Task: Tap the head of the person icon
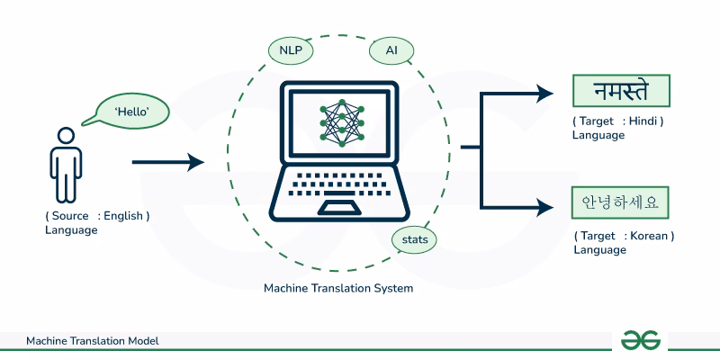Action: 66,135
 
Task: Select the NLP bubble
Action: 290,50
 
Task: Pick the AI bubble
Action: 391,50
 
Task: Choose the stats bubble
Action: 415,240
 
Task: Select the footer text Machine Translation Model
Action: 93,341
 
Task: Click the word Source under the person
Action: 70,216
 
